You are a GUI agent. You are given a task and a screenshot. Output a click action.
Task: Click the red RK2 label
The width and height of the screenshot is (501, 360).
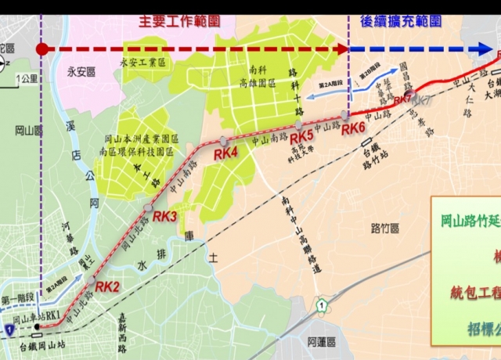click(x=107, y=286)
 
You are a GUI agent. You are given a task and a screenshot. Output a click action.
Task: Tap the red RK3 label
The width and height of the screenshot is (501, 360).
click(x=165, y=216)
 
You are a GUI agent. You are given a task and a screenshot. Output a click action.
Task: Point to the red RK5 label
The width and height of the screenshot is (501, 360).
click(x=301, y=136)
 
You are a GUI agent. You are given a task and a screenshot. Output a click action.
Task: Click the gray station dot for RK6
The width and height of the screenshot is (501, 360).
click(x=344, y=115)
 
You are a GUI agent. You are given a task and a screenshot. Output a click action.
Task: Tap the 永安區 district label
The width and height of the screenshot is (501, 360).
click(x=81, y=72)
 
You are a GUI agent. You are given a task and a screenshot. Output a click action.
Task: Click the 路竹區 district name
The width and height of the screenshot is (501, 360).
click(x=385, y=228)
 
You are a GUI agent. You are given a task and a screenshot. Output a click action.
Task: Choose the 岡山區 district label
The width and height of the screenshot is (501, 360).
click(x=29, y=130)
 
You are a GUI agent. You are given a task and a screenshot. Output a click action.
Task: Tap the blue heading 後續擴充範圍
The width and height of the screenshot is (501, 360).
click(x=399, y=22)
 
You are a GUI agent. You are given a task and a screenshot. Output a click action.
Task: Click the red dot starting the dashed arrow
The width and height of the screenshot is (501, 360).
click(x=42, y=49)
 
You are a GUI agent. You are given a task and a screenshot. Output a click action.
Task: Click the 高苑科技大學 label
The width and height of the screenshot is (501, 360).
click(x=301, y=149)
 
